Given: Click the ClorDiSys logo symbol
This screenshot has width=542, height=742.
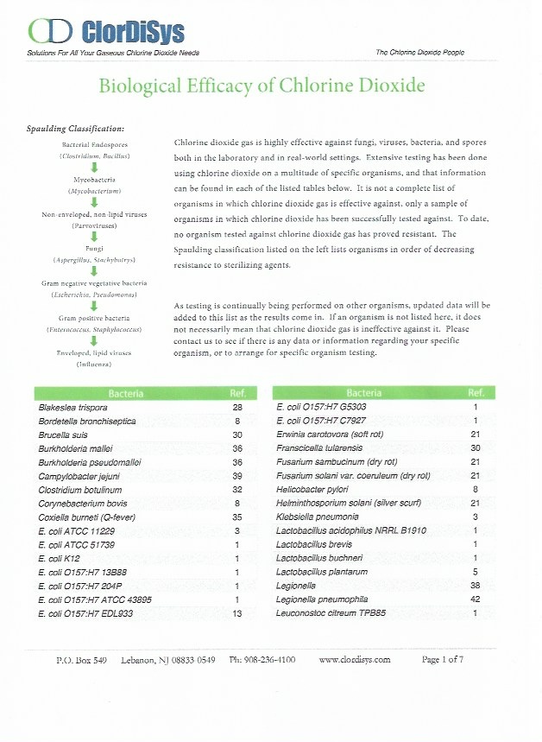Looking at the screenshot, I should (50, 33).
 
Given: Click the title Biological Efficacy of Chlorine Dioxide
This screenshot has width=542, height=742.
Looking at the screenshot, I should (262, 86).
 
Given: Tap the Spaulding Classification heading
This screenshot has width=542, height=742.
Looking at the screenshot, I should (77, 129).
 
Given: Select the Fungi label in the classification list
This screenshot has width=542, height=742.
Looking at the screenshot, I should (95, 248).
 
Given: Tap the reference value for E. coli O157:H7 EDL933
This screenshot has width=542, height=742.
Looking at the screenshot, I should (237, 612).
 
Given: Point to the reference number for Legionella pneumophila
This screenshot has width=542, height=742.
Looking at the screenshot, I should (476, 599).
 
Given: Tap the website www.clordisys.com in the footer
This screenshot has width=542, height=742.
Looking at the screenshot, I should (355, 659).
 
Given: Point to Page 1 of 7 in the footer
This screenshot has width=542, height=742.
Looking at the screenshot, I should (443, 659).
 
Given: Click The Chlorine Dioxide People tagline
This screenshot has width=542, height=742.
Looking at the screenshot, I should (419, 53).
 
